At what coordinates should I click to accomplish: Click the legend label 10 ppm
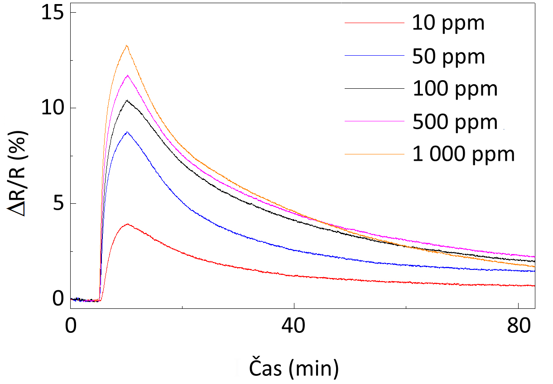pyautogui.click(x=448, y=23)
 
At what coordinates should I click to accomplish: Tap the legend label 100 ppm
pyautogui.click(x=455, y=89)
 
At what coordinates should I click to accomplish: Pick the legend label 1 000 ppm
pyautogui.click(x=463, y=154)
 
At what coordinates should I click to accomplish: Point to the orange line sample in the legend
pyautogui.click(x=374, y=154)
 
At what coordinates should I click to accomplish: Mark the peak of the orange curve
pyautogui.click(x=127, y=45)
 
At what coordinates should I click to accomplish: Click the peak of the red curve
pyautogui.click(x=128, y=224)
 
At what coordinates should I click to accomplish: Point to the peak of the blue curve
pyautogui.click(x=128, y=132)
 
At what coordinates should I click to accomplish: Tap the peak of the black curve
pyautogui.click(x=127, y=100)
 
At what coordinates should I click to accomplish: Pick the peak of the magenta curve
pyautogui.click(x=128, y=75)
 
